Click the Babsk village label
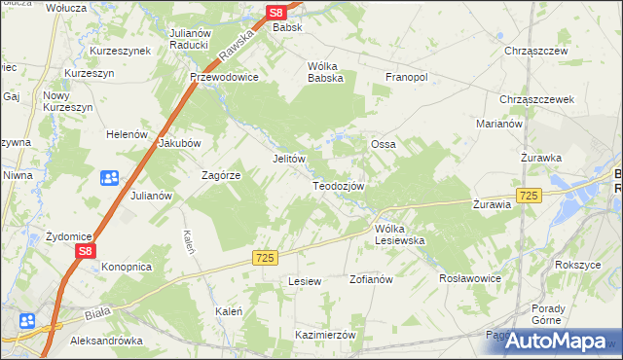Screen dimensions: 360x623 (288, 28)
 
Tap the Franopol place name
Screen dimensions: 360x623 (407, 78)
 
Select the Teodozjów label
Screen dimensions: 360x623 (338, 186)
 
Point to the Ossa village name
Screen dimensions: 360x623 (383, 144)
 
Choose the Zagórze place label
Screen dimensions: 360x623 (220, 175)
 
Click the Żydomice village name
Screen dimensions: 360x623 (69, 236)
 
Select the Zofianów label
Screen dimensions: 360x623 (370, 279)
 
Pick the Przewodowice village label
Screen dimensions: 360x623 (224, 78)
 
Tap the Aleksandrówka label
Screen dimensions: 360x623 (107, 342)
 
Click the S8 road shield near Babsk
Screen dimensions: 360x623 (276, 13)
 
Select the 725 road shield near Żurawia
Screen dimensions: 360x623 (529, 197)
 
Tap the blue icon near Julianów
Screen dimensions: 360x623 (108, 178)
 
